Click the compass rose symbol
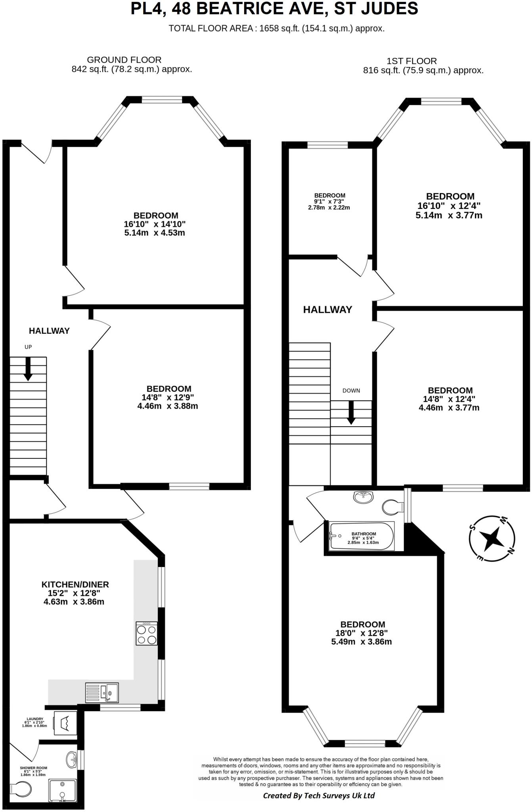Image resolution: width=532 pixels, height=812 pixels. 492,539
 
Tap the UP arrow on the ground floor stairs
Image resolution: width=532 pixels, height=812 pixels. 28,369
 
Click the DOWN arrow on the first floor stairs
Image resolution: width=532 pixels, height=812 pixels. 351,413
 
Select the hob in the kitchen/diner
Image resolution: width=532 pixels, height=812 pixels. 147,633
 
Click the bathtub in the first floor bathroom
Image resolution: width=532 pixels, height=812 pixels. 362,536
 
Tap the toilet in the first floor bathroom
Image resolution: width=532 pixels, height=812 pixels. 393,507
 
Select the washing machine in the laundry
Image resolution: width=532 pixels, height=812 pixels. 65,723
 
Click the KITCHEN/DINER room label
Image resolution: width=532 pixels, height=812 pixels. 75,584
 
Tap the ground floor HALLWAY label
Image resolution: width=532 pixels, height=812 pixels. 49,331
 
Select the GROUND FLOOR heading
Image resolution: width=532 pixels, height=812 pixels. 124,60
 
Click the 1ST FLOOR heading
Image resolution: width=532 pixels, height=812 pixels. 411,61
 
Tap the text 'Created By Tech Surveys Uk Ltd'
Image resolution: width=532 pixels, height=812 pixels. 319,796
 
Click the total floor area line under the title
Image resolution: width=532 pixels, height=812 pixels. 276,29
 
